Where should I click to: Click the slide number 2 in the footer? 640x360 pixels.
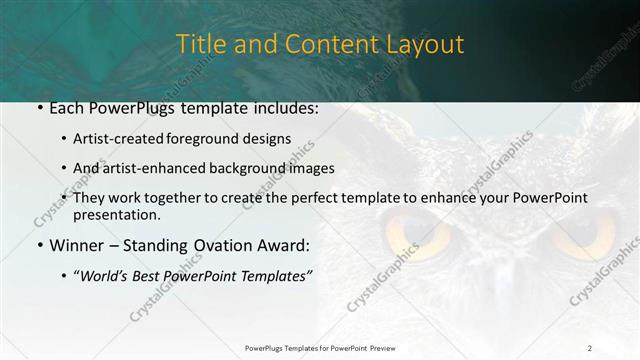tap(590, 347)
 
